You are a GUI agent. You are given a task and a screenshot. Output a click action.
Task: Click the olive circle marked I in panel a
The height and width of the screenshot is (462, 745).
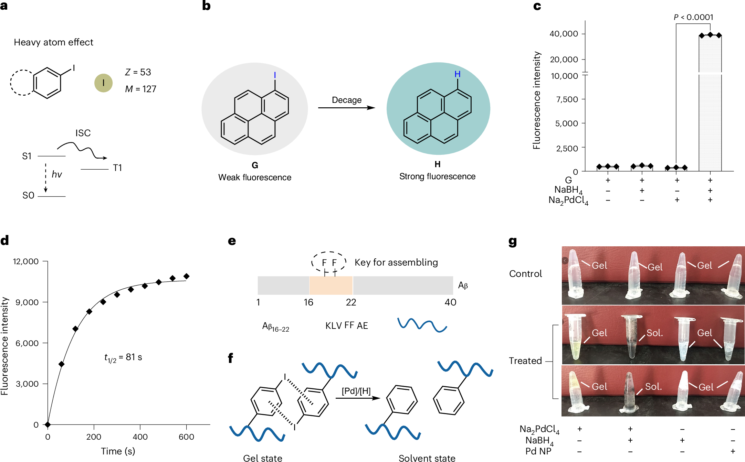103,83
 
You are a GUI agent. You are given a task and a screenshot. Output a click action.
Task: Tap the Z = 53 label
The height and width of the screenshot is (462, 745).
138,72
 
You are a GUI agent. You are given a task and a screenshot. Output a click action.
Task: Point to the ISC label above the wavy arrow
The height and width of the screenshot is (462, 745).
83,133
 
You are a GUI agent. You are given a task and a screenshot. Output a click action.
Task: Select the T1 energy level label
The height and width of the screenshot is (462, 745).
117,168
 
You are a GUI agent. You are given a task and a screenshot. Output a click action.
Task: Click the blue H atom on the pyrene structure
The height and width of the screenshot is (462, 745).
458,74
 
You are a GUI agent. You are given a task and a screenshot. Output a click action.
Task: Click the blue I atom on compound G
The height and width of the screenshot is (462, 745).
275,75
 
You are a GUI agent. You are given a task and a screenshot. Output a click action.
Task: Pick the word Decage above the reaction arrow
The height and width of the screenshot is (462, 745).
347,100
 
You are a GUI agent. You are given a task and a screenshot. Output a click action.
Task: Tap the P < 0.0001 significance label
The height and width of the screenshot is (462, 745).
693,17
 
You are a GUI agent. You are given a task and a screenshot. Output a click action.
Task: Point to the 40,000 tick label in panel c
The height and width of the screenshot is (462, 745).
564,34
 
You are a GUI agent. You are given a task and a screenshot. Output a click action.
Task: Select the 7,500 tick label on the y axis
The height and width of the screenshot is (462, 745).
567,99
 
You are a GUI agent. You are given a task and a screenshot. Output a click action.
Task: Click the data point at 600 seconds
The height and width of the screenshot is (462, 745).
186,276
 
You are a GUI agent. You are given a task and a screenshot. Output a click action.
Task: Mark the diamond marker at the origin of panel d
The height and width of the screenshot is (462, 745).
48,425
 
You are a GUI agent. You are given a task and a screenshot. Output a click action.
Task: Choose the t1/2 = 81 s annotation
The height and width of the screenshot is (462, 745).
123,358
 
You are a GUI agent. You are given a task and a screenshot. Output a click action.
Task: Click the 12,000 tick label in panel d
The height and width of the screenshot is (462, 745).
26,261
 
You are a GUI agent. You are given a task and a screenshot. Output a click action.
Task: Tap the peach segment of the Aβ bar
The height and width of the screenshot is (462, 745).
331,285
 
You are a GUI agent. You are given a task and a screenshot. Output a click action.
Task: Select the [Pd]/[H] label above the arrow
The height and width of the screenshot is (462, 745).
356,391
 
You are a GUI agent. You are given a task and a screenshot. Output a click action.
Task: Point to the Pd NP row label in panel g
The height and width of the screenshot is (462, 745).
538,451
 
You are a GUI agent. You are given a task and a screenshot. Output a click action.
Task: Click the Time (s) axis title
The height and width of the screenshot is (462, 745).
118,451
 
